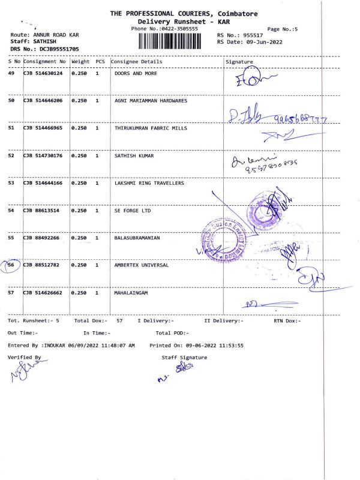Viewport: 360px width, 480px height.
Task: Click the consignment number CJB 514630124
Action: coord(43,74)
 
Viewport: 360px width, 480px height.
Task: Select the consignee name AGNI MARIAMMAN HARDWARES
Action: coord(151,101)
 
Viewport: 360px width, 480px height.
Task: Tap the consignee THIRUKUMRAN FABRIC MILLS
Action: coord(151,128)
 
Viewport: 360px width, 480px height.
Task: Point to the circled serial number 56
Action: coord(11,265)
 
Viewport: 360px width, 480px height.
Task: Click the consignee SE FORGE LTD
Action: coord(134,211)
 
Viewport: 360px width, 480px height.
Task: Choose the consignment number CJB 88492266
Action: coord(41,238)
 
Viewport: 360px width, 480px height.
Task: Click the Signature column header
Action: coord(239,62)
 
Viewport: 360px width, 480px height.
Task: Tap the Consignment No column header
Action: coord(45,62)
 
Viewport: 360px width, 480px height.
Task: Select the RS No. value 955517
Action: coord(253,35)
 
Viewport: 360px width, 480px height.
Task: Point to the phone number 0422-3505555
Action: coord(180,29)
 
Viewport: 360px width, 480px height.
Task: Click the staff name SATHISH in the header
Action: coord(44,42)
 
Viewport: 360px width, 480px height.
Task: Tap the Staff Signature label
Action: coord(184,357)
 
